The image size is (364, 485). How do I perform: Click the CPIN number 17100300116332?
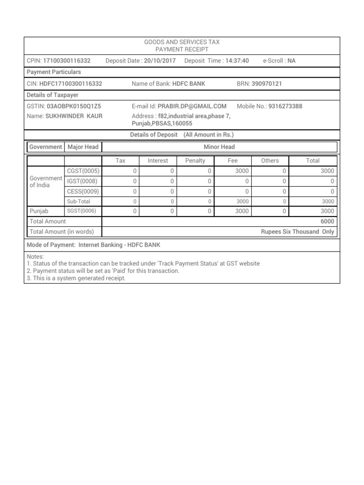tap(67, 61)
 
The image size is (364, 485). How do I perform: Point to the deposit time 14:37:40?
tap(237, 61)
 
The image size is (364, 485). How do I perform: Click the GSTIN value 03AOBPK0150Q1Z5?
tap(74, 106)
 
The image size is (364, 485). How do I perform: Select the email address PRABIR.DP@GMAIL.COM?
tap(192, 106)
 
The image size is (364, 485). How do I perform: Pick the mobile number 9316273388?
tap(285, 106)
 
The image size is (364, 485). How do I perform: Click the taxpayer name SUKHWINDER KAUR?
tap(73, 116)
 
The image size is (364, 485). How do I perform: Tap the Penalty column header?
tap(195, 161)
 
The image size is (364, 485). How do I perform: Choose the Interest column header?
tap(158, 161)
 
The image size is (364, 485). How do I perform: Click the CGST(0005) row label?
tap(82, 171)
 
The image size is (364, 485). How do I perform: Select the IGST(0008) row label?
tap(82, 181)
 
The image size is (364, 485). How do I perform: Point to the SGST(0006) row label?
tap(82, 211)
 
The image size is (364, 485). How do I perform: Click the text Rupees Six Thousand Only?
tap(297, 232)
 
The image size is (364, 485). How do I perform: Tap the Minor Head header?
tap(219, 147)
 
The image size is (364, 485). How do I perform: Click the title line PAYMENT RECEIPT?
tap(182, 49)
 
